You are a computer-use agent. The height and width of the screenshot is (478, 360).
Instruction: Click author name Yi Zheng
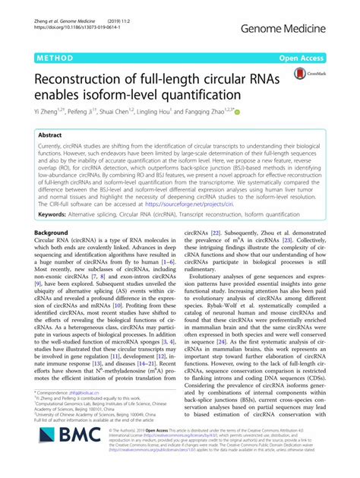pyautogui.click(x=49, y=112)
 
